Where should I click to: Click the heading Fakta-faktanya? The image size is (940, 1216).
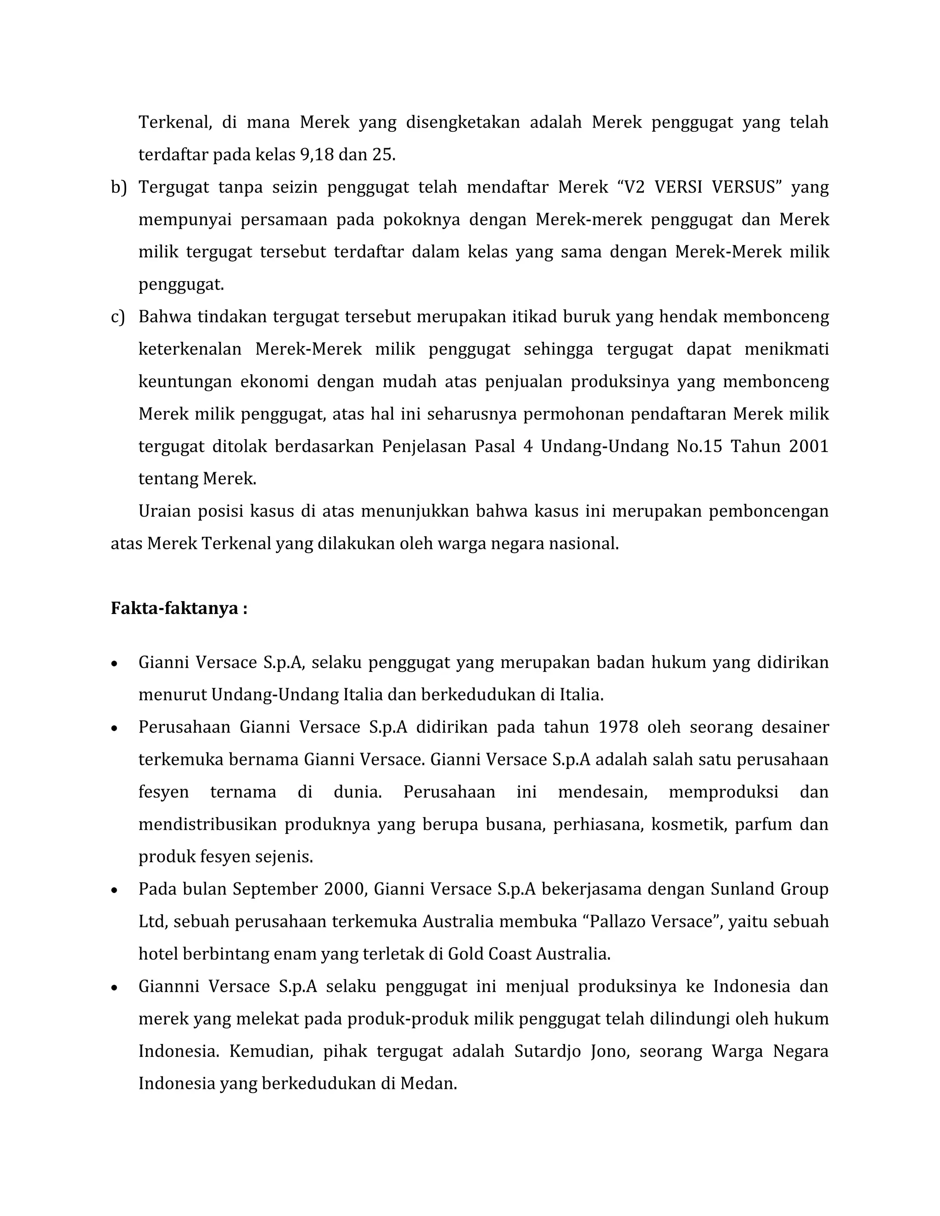179,608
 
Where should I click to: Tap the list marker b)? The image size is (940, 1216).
118,187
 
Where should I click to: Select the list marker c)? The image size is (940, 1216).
117,317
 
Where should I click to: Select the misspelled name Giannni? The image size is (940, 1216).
169,986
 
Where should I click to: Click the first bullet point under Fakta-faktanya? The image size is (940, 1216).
114,664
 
